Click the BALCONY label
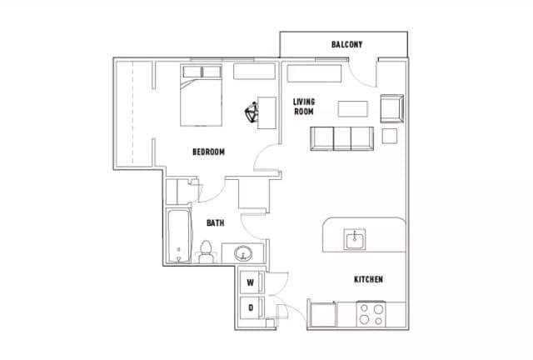[346, 44]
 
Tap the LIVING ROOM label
[304, 107]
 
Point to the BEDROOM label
[208, 152]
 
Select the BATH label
[216, 222]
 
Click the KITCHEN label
[368, 279]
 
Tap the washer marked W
[252, 282]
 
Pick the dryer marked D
[252, 308]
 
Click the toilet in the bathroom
[206, 252]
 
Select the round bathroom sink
[243, 253]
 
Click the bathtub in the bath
[180, 236]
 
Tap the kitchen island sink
[355, 239]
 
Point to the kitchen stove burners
[371, 315]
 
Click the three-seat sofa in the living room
[342, 138]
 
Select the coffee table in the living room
[353, 109]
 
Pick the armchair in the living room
[392, 108]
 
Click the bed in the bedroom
[201, 95]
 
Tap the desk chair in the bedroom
[252, 112]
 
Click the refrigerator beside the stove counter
[322, 314]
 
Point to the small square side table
[390, 136]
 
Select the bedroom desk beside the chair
[266, 113]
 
